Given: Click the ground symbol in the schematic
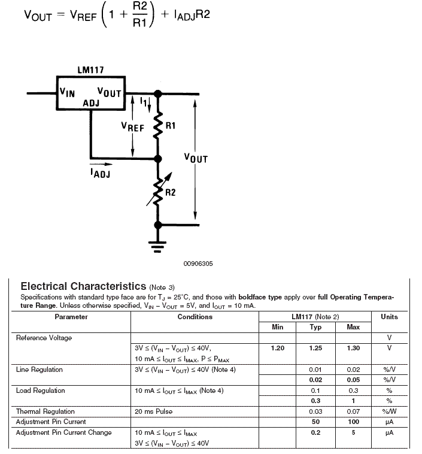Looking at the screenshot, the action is point(157,247).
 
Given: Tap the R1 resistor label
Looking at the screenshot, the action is point(171,126).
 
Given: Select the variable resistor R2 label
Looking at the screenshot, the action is point(171,192).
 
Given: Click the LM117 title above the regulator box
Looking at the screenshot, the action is point(90,70).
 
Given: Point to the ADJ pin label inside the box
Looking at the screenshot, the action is point(91,103).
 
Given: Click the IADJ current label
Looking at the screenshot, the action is point(100,173).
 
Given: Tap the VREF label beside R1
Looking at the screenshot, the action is point(132,127).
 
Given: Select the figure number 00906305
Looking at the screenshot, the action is point(198,264).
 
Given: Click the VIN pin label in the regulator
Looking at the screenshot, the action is point(67,92).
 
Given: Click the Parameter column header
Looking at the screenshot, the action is point(71,317).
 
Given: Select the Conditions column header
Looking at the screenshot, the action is point(195,317).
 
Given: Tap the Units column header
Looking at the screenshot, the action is point(389,317).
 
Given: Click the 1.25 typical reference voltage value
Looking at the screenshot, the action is point(315,348).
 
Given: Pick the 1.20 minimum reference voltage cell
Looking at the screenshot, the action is point(278,348).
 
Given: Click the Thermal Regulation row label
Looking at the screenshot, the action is point(45,411).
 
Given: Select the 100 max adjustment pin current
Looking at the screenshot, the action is point(353,422).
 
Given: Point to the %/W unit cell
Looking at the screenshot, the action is point(389,411).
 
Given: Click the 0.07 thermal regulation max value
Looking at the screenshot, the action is point(353,411).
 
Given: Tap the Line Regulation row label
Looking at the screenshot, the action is point(39,370).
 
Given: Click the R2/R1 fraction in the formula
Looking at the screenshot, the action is point(140,14).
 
